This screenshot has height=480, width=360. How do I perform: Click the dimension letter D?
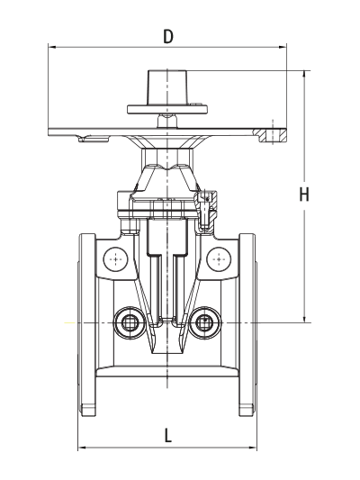point(168,36)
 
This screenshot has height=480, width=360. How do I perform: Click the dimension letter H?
point(304,195)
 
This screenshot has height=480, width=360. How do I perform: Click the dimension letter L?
point(168,435)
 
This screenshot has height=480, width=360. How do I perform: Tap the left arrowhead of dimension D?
point(52,47)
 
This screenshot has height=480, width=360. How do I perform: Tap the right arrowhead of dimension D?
point(283,47)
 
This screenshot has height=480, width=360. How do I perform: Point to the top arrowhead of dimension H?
point(304,75)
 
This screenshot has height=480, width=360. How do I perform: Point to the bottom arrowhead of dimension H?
point(304,319)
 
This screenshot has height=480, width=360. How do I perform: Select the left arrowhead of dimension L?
point(82,448)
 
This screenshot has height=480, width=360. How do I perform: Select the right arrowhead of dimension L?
point(253,448)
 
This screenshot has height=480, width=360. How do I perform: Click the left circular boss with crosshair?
point(115,259)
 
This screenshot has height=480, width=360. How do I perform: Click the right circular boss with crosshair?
point(219,259)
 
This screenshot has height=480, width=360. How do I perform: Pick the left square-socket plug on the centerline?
point(130,322)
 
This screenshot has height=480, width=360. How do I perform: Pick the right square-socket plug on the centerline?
point(204,322)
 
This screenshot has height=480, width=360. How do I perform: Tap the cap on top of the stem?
point(167,87)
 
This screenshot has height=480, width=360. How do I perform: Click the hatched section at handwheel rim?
point(271,135)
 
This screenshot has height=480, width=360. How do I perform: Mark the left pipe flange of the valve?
point(87,324)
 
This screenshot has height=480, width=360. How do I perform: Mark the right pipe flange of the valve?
point(247,324)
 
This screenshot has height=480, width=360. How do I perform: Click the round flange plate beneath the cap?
point(167,109)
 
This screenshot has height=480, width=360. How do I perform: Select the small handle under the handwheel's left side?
point(94,140)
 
